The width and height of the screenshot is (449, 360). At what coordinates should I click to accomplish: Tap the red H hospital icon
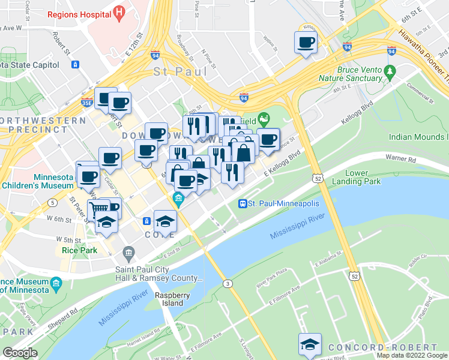(119, 12)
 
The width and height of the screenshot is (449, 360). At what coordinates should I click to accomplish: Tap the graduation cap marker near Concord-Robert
(310, 344)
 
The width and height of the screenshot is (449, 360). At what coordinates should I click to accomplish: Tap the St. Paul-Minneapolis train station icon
(243, 203)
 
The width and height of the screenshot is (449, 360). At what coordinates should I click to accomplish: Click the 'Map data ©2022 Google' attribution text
(411, 355)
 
